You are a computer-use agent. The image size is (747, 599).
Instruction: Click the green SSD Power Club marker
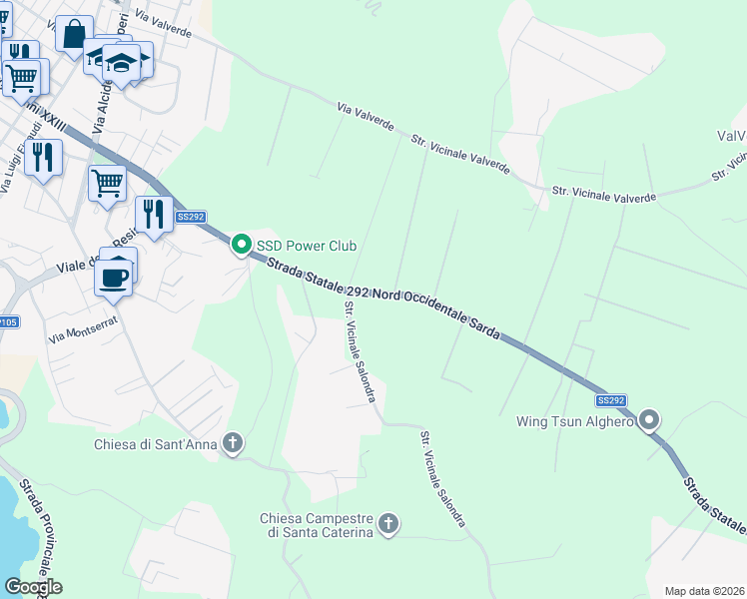[241, 245]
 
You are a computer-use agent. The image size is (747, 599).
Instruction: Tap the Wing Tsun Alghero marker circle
[650, 420]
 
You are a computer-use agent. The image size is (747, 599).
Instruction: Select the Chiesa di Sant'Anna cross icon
[233, 443]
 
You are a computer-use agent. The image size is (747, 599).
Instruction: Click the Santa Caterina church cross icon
[389, 523]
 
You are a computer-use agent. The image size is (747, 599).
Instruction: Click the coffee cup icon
[114, 277]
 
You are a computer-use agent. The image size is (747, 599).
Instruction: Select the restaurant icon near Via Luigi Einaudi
[44, 157]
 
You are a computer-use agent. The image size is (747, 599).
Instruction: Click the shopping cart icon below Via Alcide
[107, 184]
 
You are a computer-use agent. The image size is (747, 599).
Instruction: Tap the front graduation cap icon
[121, 63]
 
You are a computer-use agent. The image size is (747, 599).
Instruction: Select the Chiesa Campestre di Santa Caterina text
[317, 525]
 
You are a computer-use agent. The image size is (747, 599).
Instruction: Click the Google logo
[33, 587]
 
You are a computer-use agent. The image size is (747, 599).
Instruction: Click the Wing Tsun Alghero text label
[574, 421]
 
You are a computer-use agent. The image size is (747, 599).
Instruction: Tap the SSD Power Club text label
[307, 246]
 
